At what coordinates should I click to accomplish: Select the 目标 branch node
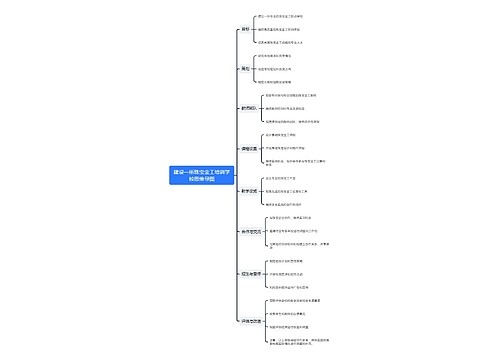[246, 30]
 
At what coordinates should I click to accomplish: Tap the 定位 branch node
[246, 68]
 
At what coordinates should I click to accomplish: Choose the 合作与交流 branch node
[252, 230]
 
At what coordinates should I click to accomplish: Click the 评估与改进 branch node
[252, 320]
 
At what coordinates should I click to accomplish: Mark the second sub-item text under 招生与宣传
[290, 273]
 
